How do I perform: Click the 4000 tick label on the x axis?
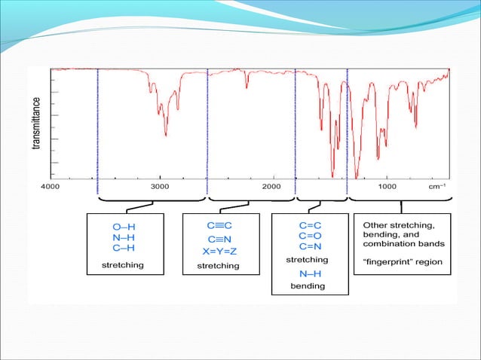pos(51,185)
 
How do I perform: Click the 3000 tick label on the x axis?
pos(159,185)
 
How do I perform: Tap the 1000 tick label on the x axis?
pos(387,185)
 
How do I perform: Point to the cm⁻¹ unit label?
pos(437,185)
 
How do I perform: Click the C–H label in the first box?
pos(123,247)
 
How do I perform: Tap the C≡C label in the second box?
pos(219,225)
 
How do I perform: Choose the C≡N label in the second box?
pos(219,238)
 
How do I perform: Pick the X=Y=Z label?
pos(219,251)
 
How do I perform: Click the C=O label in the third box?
pos(311,236)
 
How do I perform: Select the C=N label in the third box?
pos(311,246)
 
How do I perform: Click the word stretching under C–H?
pos(123,265)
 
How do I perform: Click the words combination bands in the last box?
pos(403,244)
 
